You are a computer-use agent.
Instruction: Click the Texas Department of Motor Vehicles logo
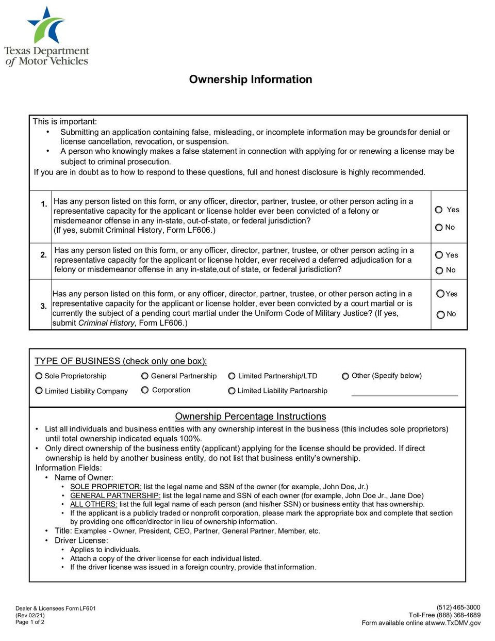coord(46,37)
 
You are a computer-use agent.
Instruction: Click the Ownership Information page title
coord(251,79)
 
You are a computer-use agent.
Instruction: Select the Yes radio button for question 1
coord(439,210)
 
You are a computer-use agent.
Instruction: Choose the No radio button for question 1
coord(439,227)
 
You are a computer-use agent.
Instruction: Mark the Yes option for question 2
coord(439,255)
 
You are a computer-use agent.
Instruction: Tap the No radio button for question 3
coord(440,314)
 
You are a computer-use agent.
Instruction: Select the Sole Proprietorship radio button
coord(39,376)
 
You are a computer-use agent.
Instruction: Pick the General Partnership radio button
coord(145,376)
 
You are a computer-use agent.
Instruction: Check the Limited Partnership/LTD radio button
coord(232,376)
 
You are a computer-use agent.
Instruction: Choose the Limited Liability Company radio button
coord(39,391)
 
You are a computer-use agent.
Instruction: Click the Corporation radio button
coord(145,390)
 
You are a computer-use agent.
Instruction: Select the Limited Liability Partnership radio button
coord(232,391)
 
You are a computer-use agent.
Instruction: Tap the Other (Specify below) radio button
coord(345,376)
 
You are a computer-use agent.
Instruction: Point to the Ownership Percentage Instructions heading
coord(251,416)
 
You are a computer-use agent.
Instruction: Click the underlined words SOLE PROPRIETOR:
coord(106,487)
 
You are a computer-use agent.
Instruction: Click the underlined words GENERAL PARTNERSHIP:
coord(115,495)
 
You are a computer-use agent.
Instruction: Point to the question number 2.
coord(43,255)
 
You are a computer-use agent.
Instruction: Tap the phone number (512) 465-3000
coord(458,607)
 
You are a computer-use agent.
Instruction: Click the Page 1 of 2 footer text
coord(30,622)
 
